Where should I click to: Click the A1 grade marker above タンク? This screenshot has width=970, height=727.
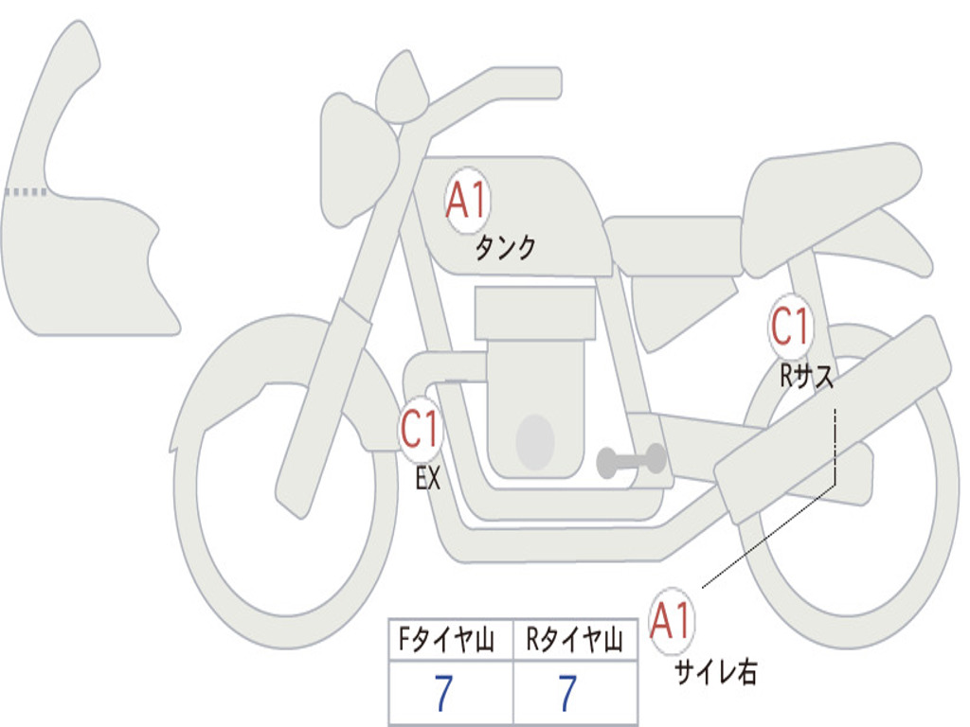[x=466, y=202]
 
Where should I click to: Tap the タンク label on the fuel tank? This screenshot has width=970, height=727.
[x=505, y=248]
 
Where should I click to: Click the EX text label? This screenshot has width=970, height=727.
[x=428, y=479]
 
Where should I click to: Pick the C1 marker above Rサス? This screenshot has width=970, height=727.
[x=790, y=328]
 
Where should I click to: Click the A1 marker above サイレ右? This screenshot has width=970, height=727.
[x=672, y=622]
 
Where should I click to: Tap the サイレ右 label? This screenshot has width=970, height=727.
[x=715, y=672]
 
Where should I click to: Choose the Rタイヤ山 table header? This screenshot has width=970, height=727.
[x=575, y=642]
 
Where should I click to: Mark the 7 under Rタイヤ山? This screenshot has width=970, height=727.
[x=567, y=694]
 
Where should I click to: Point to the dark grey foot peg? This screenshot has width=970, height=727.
[x=631, y=461]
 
